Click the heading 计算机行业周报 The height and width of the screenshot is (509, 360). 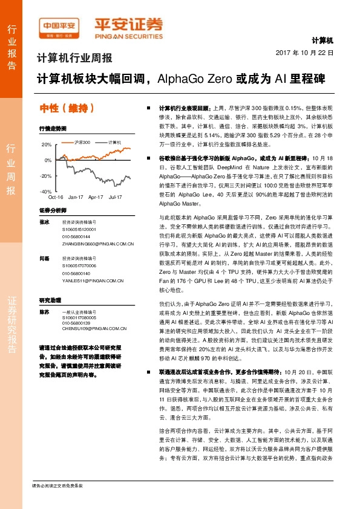74,59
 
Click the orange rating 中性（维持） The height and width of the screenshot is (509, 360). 67,109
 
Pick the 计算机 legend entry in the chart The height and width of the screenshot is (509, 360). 113,141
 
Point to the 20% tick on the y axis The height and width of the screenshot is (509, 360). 47,145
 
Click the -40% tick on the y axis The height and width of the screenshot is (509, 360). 45,191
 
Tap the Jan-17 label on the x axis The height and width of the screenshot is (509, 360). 76,197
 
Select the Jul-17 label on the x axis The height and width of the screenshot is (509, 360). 115,197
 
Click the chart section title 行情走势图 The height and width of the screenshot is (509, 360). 52,129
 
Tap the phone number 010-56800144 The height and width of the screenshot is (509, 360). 76,236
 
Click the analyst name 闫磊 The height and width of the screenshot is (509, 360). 44,258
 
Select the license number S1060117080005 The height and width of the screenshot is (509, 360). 79,317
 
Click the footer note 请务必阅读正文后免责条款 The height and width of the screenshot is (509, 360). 57,485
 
